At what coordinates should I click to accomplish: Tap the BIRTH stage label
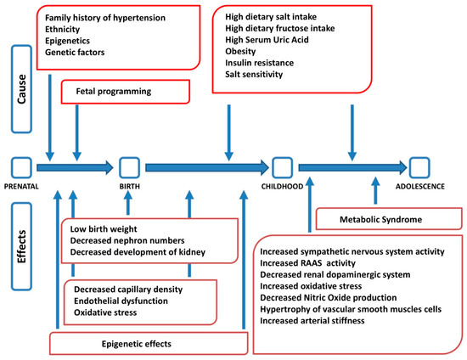(129, 185)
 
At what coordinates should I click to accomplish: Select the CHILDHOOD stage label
(282, 185)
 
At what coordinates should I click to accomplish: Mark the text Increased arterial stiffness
(324, 319)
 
